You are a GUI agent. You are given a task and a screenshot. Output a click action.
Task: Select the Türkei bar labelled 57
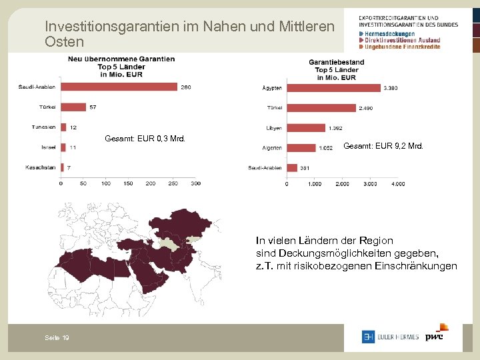(73, 107)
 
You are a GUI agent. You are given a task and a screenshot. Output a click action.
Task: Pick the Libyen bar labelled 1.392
(306, 128)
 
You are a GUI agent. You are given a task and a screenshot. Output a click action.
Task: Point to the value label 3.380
(392, 88)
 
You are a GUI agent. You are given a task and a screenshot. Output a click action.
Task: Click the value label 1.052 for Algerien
(326, 148)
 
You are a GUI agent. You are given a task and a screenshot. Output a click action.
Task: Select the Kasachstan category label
(41, 167)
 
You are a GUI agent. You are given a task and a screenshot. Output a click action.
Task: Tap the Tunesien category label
(44, 127)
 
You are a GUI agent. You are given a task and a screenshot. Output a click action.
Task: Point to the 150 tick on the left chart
(105, 183)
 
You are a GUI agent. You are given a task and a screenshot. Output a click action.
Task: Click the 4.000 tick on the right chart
(397, 184)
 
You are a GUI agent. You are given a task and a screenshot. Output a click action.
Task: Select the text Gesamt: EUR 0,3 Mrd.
(145, 139)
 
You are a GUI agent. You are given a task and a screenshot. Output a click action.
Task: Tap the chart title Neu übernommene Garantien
(121, 59)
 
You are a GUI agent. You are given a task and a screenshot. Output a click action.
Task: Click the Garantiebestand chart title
(336, 62)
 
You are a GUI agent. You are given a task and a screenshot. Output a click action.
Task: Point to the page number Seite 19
(57, 338)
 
